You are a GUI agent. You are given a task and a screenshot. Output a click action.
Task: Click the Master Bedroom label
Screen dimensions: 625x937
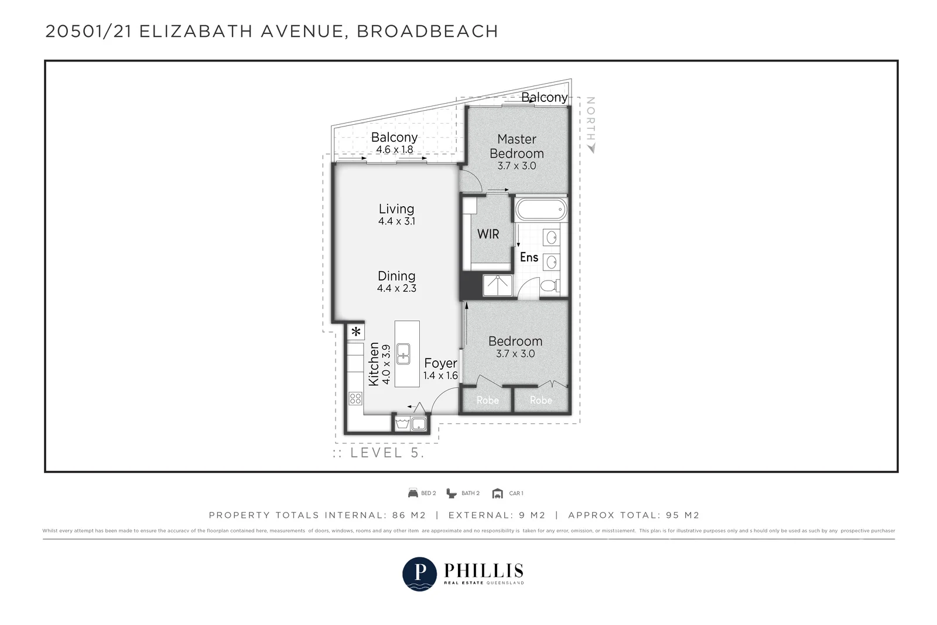point(517,146)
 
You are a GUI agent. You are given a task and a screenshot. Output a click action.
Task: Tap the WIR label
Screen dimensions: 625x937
point(488,234)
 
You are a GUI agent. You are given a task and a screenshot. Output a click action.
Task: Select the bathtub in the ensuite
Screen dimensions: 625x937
point(541,209)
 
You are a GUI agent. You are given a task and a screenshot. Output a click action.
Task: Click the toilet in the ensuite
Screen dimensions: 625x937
point(549,286)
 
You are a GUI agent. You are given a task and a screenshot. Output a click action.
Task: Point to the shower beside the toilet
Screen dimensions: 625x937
point(497,286)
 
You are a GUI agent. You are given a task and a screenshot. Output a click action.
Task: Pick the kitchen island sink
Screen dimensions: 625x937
point(403,354)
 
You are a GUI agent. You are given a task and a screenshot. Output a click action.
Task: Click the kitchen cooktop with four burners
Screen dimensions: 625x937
point(355,399)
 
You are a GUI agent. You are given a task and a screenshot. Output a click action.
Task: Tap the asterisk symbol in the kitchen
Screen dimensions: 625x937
point(356,332)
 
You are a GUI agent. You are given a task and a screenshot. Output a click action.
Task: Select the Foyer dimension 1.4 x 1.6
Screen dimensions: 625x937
point(440,375)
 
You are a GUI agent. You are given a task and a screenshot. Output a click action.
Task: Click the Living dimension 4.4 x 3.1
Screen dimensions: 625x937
point(396,221)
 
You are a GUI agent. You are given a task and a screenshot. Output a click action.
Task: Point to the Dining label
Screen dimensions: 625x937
point(396,276)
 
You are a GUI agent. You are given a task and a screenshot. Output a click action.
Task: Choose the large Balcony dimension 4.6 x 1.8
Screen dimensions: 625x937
point(394,149)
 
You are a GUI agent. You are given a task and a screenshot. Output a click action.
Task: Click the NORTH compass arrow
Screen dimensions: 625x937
point(591,149)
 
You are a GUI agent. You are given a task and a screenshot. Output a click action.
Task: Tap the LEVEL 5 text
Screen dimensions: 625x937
point(387,453)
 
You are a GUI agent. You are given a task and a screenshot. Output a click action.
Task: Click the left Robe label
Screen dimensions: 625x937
point(487,400)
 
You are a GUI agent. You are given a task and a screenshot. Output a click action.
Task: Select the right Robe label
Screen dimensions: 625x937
point(541,400)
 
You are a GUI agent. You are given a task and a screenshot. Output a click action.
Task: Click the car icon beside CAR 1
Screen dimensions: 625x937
point(498,493)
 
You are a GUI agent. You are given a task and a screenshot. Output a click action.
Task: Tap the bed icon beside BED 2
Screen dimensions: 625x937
point(413,493)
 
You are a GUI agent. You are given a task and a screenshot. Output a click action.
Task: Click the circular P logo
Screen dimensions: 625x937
point(419,573)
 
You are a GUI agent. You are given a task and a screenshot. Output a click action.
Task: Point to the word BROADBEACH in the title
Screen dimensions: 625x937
point(428,31)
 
